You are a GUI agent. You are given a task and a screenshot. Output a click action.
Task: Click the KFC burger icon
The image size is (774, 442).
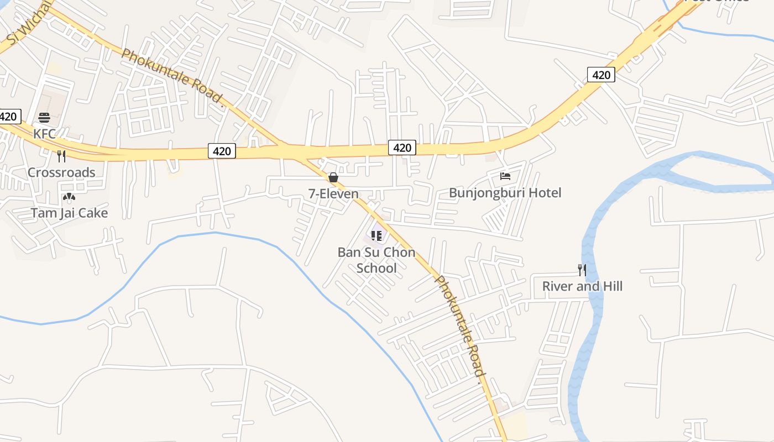[x=45, y=118]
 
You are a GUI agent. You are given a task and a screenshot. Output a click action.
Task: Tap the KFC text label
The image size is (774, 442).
[x=45, y=134]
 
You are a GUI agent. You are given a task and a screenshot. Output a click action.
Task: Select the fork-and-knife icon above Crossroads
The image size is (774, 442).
[x=61, y=156]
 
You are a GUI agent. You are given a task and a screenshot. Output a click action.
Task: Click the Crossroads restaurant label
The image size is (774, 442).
[x=61, y=172]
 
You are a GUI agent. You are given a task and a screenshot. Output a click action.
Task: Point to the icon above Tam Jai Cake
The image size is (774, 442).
[x=69, y=197]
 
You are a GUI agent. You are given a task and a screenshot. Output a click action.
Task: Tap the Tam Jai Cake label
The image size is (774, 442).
[x=69, y=213]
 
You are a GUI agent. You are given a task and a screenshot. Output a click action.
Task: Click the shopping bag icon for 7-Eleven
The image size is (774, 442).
[x=333, y=177]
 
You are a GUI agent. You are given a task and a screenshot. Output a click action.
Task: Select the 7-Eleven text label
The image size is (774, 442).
[x=333, y=194]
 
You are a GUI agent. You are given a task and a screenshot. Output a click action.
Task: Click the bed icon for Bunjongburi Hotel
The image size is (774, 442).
[x=505, y=176]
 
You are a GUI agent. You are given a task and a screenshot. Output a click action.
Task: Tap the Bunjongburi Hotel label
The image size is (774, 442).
[x=505, y=193]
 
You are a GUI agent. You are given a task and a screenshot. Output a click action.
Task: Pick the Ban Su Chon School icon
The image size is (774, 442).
[x=376, y=236]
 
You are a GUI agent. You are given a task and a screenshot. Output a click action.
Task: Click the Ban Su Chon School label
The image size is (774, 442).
[x=376, y=260]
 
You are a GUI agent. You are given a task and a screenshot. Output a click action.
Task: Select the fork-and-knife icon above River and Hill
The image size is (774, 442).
[x=582, y=270]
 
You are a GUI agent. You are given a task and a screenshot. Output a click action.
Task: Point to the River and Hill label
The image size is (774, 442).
[x=582, y=286]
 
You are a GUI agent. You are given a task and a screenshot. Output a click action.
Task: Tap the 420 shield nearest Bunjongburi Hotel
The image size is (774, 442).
[x=402, y=148]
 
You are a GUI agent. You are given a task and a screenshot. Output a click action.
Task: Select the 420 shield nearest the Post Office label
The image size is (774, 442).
[x=601, y=75]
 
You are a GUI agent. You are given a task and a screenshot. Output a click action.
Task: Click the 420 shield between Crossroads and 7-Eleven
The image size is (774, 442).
[x=222, y=150]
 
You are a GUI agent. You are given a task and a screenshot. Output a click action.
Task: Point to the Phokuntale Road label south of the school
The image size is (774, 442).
[x=460, y=326]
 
